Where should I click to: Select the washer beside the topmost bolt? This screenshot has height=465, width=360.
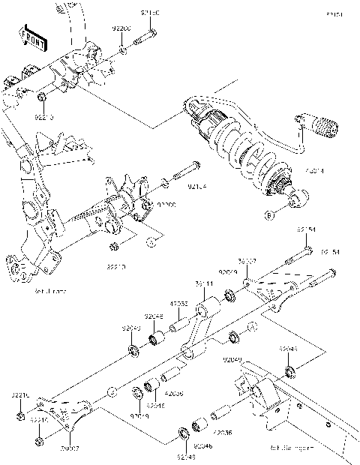click(x=122, y=52)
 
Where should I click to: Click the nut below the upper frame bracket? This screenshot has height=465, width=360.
click(x=43, y=97)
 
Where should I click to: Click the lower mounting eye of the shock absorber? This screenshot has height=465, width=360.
click(x=297, y=199)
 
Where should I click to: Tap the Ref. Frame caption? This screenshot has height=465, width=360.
click(x=45, y=291)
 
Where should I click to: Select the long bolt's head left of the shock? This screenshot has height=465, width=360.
click(x=194, y=166)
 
